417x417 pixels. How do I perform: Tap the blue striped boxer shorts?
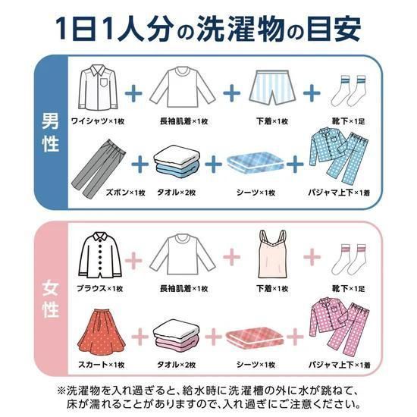click(270, 87)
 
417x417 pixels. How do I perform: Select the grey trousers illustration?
click(99, 162)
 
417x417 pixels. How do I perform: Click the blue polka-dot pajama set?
click(341, 159)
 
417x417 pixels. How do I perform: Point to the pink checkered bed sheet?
click(257, 334)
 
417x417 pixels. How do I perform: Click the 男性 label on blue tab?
click(51, 133)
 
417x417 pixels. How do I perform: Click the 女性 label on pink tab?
click(51, 302)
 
